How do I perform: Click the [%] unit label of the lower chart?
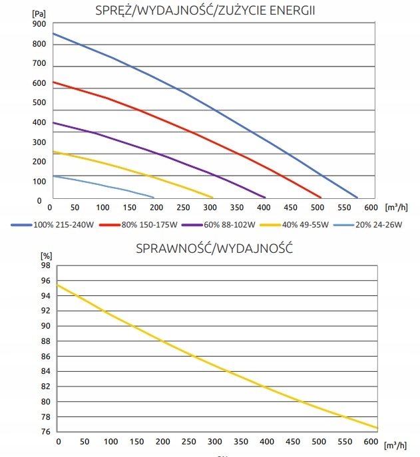(x=45, y=255)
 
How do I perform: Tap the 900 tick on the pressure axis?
(x=39, y=24)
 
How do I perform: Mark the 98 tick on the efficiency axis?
(x=45, y=265)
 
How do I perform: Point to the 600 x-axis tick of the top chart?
(x=369, y=207)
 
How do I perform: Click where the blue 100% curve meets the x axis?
(x=357, y=198)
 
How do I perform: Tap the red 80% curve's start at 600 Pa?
(x=53, y=82)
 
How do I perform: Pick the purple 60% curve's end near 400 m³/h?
(x=266, y=198)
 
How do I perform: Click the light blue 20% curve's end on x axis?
(x=154, y=198)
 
